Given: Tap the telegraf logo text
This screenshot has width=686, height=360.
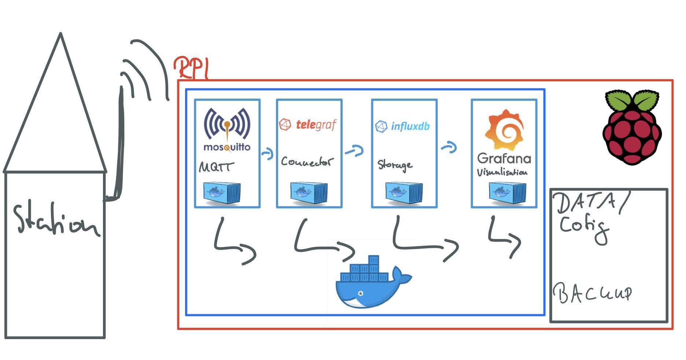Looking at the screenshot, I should [316, 125].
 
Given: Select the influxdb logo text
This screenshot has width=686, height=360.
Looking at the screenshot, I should [410, 126].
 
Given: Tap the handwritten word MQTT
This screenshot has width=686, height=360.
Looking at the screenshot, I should [216, 167].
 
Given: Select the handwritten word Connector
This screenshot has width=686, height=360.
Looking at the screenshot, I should [307, 162].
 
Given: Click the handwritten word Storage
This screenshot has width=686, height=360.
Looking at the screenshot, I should [395, 165].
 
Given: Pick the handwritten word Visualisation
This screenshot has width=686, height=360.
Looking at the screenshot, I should [502, 172].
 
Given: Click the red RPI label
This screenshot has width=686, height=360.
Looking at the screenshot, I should [191, 68].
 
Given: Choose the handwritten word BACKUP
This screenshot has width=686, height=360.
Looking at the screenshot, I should [593, 293].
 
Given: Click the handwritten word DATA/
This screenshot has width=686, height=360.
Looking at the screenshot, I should [592, 203].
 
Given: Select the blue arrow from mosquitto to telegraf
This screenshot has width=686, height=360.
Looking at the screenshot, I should [268, 153].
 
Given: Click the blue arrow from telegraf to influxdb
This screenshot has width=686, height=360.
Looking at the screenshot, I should [354, 151].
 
